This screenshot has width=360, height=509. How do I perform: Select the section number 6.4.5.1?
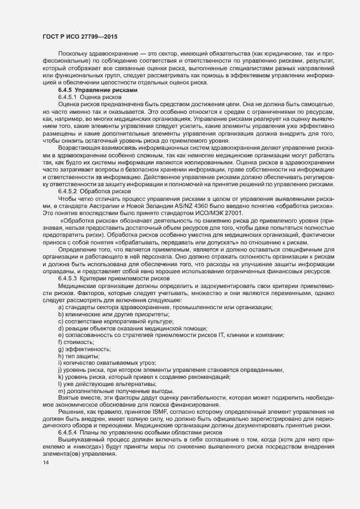point(68,96)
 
